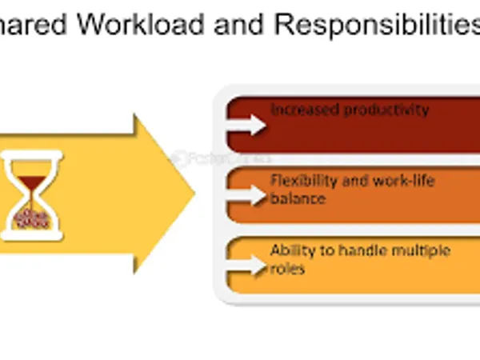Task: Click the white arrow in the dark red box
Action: (247, 124)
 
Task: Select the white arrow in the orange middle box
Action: (247, 194)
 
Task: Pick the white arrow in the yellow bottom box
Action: (247, 265)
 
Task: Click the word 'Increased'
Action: (305, 110)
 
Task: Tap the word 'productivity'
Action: (386, 110)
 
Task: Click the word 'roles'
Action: (287, 269)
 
